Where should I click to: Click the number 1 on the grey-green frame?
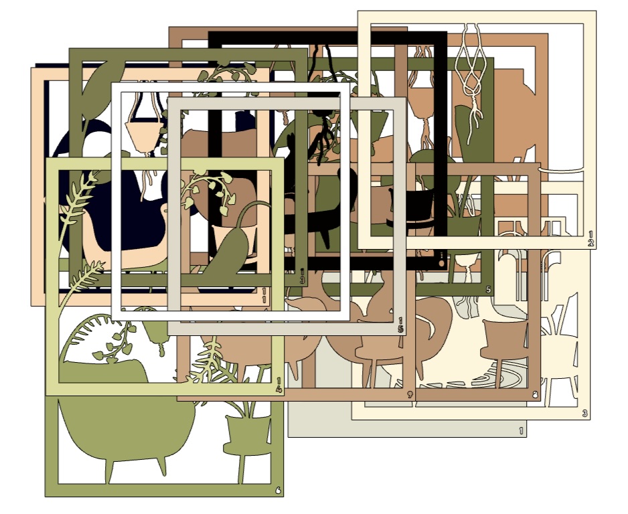point(521,431)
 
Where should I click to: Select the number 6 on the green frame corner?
point(278,491)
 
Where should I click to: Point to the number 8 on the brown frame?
point(534,395)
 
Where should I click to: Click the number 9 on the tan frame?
point(409,395)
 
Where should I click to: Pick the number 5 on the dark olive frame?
point(488,290)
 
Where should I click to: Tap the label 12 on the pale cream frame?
point(591,239)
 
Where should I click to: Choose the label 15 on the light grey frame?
point(400,325)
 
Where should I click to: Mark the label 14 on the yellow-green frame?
point(278,386)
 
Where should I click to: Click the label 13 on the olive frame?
point(302,276)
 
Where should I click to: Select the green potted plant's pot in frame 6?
point(246,435)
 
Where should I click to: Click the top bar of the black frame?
point(328,39)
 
